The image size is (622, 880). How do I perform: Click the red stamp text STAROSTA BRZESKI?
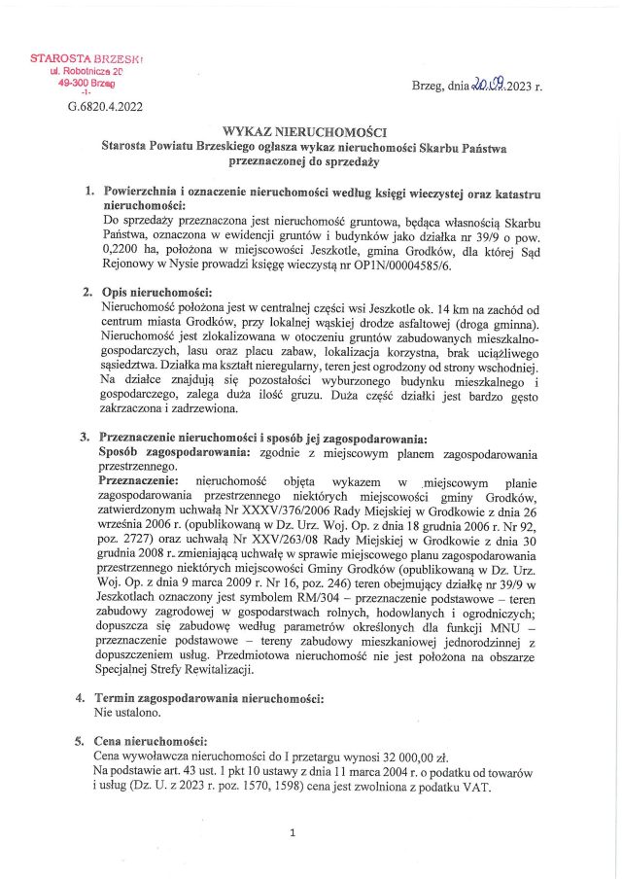click(86, 59)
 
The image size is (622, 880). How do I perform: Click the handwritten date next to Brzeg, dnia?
click(489, 86)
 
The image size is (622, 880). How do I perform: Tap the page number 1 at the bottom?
click(293, 832)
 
